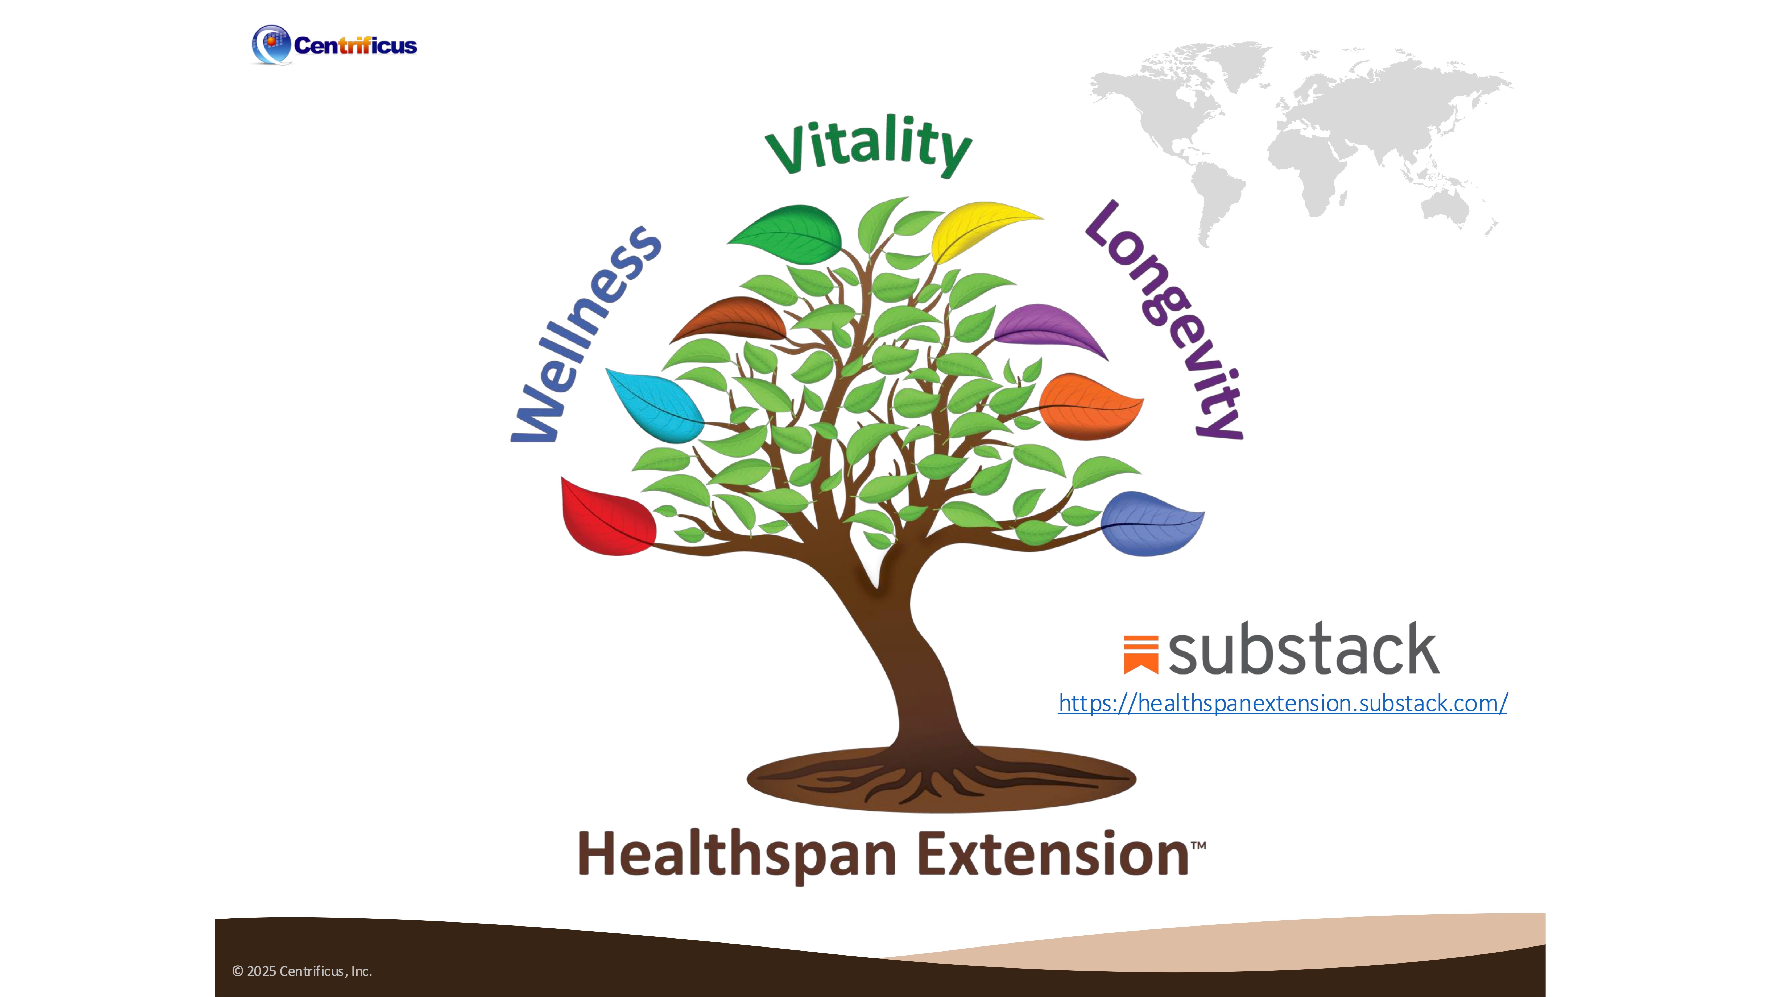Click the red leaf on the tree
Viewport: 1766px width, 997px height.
pyautogui.click(x=607, y=517)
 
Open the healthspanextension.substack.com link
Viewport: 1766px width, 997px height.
pyautogui.click(x=1283, y=703)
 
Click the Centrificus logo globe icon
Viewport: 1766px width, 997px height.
pyautogui.click(x=271, y=45)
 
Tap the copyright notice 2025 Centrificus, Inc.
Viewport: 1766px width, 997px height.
pyautogui.click(x=302, y=971)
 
